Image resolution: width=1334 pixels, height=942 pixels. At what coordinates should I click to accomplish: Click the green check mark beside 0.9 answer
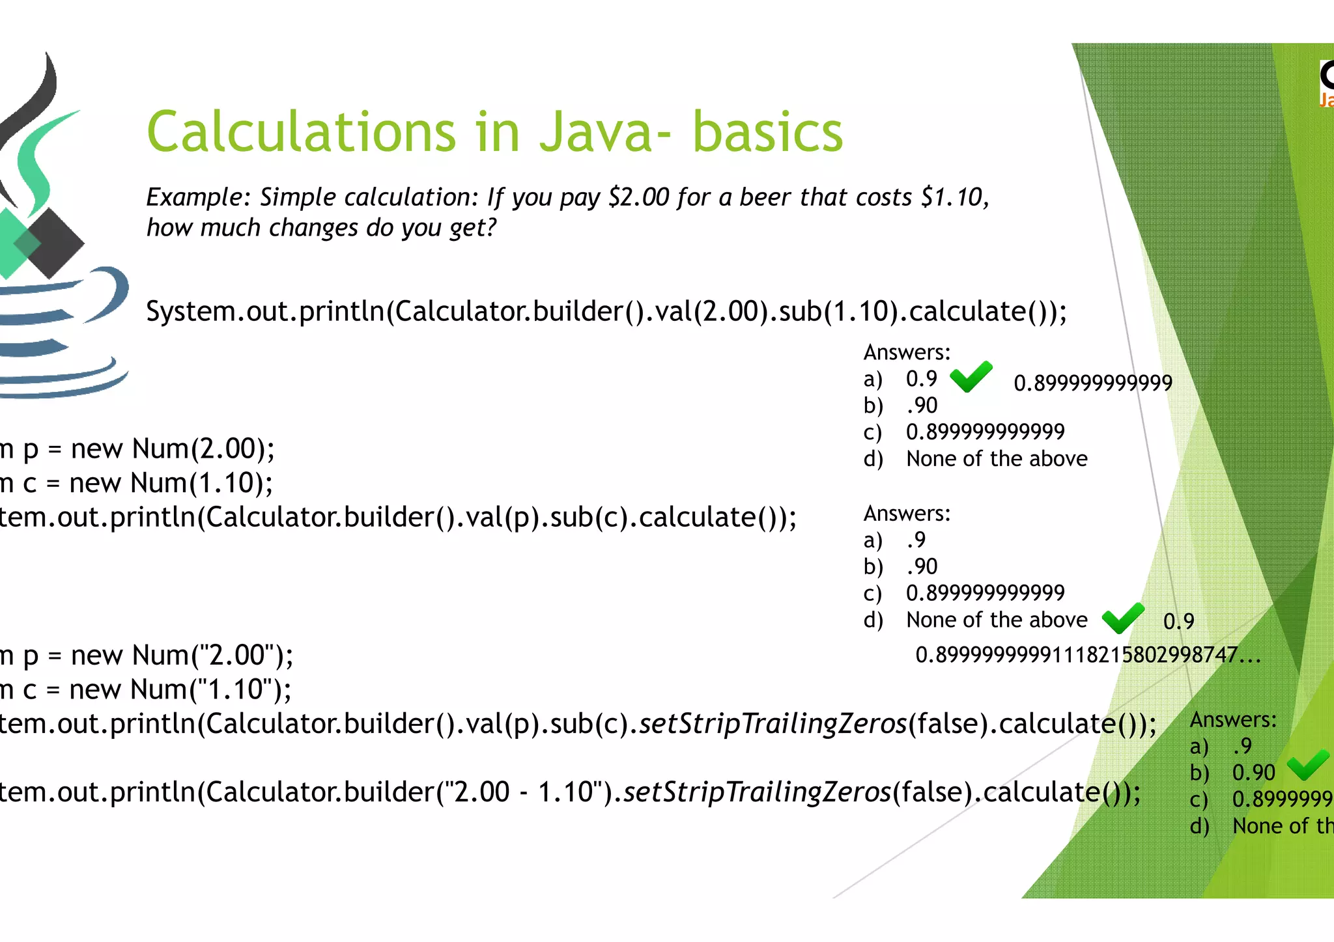click(x=971, y=377)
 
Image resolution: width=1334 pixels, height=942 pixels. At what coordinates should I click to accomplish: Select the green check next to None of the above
click(x=1123, y=618)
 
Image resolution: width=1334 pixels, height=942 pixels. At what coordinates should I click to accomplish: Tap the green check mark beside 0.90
click(x=1308, y=765)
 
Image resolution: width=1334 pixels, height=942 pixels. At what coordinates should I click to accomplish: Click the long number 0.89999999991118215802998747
click(x=1088, y=655)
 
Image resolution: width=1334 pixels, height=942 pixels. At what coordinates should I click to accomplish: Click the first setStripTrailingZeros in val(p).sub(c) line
click(x=773, y=724)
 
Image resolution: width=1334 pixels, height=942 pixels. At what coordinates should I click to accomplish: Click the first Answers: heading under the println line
click(x=907, y=352)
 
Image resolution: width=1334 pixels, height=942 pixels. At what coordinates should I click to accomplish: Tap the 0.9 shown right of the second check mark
click(x=1178, y=622)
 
